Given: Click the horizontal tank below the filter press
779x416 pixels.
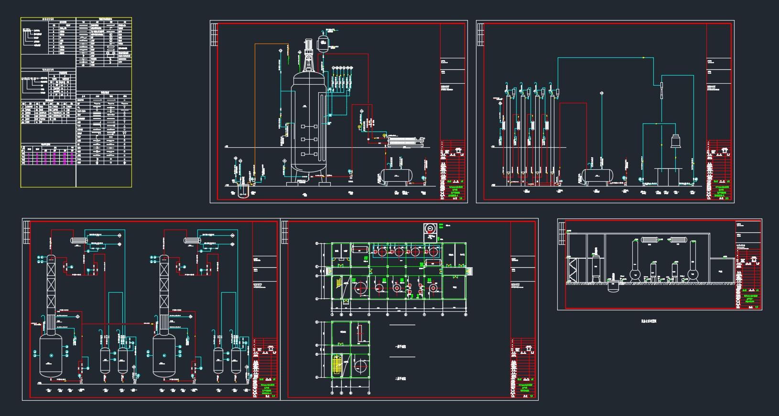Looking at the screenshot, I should click(x=394, y=175).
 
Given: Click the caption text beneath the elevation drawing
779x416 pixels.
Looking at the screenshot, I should click(x=649, y=321).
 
